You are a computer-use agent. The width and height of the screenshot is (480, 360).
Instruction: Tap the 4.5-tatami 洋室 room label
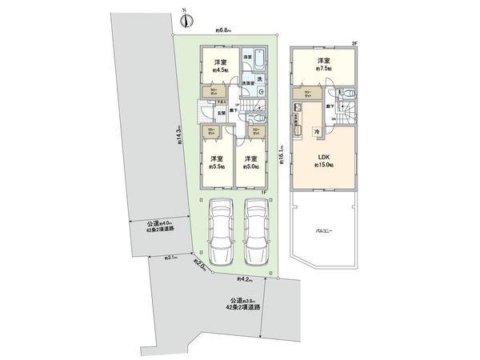[x=220, y=66]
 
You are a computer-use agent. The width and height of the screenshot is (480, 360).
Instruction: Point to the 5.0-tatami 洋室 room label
[x=253, y=162]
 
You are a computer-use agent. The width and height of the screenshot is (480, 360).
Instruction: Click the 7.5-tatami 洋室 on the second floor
[x=323, y=65]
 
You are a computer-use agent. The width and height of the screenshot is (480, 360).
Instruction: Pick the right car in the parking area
[x=255, y=232]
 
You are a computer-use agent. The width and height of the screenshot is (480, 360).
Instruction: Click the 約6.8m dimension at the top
[x=223, y=30]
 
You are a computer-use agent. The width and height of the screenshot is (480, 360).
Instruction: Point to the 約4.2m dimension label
[x=245, y=280]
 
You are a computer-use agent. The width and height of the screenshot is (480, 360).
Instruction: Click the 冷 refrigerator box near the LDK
[x=316, y=130]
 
